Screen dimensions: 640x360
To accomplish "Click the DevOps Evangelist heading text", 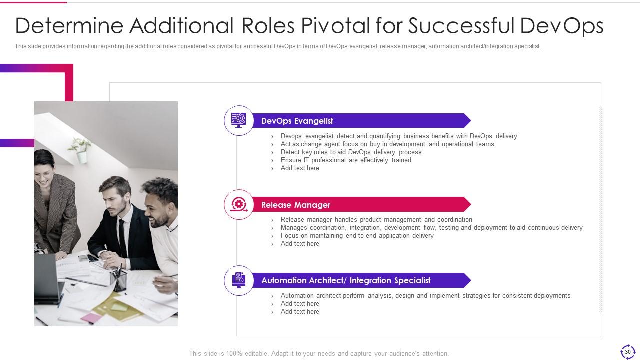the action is coord(297,121).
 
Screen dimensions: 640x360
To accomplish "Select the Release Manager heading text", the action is coord(296,205).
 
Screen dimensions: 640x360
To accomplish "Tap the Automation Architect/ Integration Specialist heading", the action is coord(346,280).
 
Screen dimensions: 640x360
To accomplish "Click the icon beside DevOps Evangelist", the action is coord(239,120).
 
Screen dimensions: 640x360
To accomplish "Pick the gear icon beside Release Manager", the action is coord(239,204).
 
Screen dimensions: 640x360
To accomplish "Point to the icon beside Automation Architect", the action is coord(239,280).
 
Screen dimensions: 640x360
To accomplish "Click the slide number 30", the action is coord(627,352).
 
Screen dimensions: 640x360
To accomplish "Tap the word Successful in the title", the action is coord(461,26).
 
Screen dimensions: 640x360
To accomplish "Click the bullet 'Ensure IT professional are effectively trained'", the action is coord(346,160).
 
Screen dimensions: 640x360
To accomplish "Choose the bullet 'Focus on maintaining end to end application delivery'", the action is coord(357,235).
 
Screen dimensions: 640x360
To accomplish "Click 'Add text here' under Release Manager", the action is coord(300,243).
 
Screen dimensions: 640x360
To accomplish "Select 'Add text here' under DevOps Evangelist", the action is coord(300,168).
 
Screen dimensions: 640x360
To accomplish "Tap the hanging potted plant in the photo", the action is coord(80,150).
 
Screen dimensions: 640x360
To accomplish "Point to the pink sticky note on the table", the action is coord(91,318).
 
